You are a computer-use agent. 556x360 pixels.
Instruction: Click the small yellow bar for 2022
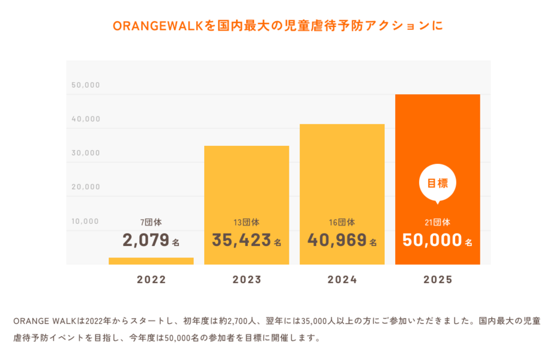click(151, 260)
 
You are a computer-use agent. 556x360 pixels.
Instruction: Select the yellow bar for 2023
click(246, 180)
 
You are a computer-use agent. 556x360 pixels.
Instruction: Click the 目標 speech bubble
click(437, 184)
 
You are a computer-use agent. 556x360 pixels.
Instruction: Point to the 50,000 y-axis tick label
click(86, 85)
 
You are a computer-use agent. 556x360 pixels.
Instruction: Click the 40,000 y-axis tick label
click(86, 119)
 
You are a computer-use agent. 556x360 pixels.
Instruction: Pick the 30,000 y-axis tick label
click(86, 153)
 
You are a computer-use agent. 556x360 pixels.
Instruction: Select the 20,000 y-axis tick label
click(86, 187)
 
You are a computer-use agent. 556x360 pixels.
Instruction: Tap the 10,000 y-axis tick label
click(86, 221)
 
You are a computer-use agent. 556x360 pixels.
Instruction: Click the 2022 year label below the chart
click(151, 280)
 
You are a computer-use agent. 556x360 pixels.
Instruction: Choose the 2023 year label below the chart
click(247, 280)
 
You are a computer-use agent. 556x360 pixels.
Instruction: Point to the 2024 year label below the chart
click(342, 280)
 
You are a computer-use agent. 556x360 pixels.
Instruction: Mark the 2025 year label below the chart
click(438, 280)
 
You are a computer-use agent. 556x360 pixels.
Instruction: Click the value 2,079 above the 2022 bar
click(146, 241)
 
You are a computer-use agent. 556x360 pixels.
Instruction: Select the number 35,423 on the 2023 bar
click(241, 241)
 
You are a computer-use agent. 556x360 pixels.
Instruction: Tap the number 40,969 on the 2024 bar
click(337, 241)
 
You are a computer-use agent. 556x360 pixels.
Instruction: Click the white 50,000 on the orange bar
click(432, 241)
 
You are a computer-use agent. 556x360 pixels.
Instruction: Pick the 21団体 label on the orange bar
click(437, 223)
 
